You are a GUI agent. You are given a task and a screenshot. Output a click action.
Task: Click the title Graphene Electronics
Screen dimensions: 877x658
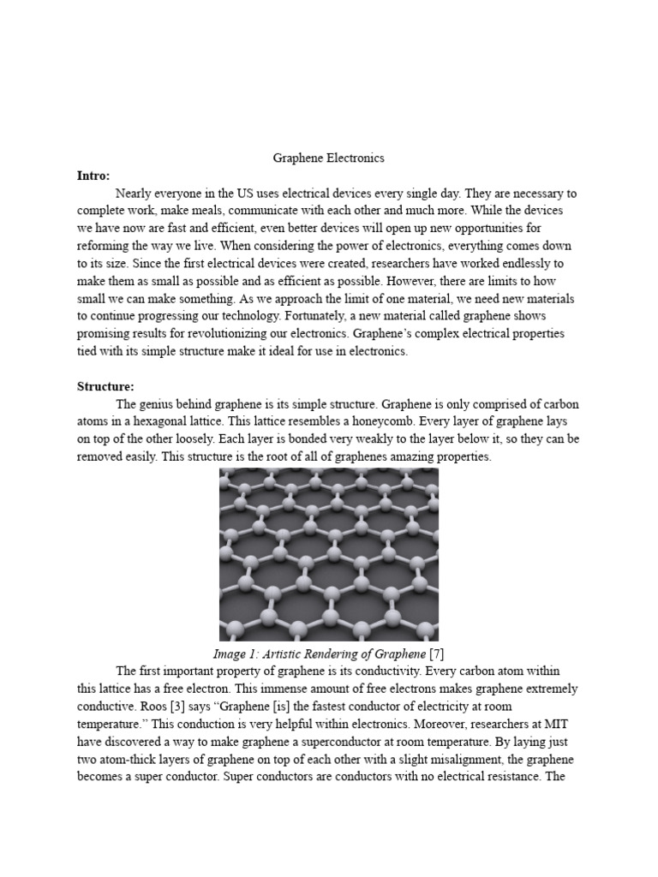coord(328,158)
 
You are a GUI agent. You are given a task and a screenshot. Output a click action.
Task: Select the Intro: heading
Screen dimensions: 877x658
coord(93,176)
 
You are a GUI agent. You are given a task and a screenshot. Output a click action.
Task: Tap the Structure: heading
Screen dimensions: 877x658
coord(105,386)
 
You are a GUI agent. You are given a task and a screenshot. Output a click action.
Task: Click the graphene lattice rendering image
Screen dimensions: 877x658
coord(329,554)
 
